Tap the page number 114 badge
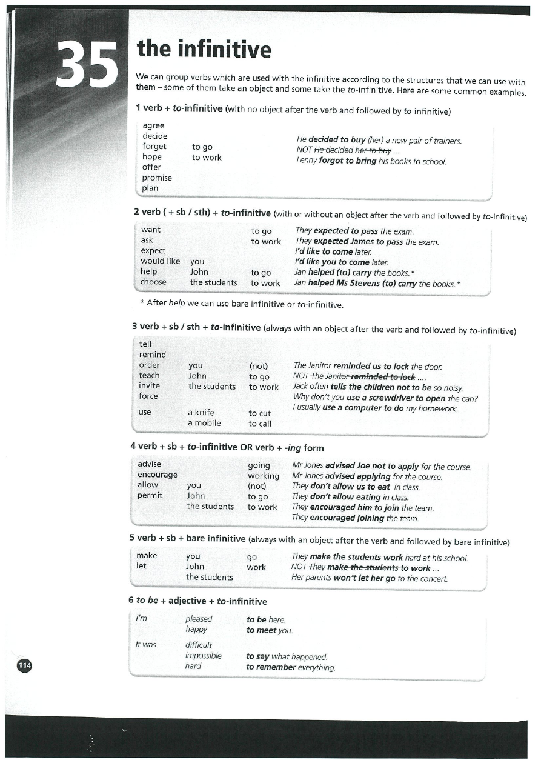(24, 665)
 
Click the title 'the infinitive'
(204, 49)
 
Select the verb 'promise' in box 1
(157, 178)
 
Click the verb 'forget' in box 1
(154, 147)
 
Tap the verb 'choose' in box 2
(153, 282)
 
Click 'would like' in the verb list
(161, 261)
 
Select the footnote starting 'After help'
(242, 304)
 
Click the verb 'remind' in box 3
(153, 355)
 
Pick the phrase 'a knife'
(201, 413)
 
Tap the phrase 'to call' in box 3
(260, 424)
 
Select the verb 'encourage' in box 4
(158, 475)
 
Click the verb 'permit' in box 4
(150, 495)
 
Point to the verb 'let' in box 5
(142, 566)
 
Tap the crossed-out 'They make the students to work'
(370, 568)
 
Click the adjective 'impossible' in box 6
(203, 656)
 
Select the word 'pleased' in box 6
(199, 619)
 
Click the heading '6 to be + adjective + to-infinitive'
(197, 601)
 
